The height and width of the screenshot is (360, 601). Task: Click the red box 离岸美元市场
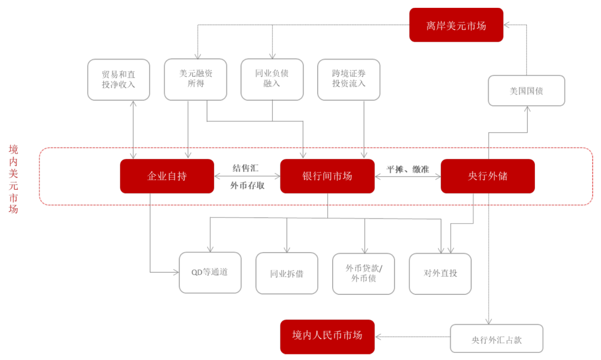click(456, 25)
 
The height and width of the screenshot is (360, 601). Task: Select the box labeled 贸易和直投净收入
click(119, 80)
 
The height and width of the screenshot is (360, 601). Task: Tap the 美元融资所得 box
click(195, 80)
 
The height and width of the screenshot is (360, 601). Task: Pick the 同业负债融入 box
click(272, 80)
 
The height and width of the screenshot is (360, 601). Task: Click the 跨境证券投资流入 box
click(349, 80)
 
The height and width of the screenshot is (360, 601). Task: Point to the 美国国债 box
click(526, 91)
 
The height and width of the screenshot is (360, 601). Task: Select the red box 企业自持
click(167, 176)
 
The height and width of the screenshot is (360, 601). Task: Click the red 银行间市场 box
click(327, 176)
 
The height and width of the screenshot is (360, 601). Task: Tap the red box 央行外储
click(487, 176)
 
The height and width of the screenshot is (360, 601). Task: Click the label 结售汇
click(246, 167)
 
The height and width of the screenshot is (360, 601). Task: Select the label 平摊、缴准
click(408, 169)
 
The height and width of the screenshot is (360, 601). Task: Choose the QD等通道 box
click(210, 273)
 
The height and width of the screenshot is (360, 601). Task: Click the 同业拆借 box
click(287, 273)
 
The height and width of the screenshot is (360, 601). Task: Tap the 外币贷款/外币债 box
click(363, 273)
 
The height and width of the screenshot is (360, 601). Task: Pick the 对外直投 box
click(440, 273)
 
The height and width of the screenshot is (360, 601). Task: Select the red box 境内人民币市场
click(327, 336)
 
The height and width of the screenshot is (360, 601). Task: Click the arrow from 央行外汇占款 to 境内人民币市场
click(412, 337)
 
